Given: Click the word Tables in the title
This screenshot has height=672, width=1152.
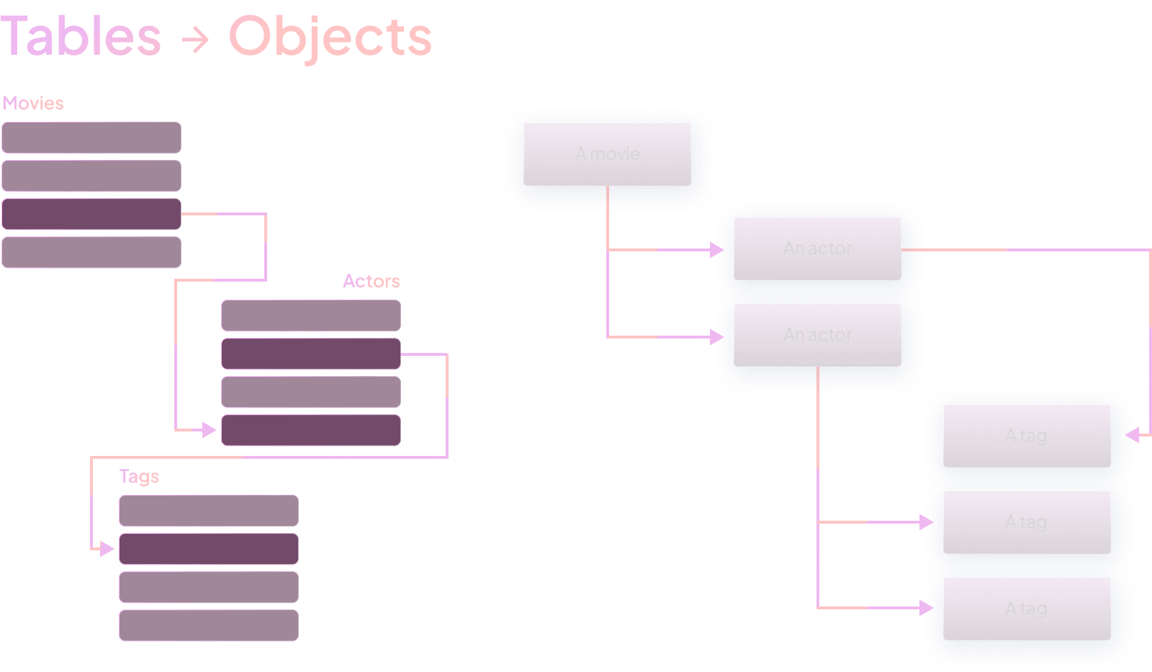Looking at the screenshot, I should (81, 37).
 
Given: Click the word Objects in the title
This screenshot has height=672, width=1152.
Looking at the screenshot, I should (330, 37).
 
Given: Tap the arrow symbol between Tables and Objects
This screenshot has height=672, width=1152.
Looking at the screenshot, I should (194, 40).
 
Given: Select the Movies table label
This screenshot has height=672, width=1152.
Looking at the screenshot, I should (33, 103).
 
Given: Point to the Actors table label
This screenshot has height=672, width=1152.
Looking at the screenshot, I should (371, 281).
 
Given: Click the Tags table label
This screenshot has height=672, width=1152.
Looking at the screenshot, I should (139, 476).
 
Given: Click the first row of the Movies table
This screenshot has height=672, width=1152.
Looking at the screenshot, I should (91, 138).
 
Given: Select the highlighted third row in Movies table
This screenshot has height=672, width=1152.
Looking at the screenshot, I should (91, 214).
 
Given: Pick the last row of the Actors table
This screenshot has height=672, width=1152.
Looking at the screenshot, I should (311, 430).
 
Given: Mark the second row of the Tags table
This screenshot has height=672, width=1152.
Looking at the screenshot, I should (209, 549).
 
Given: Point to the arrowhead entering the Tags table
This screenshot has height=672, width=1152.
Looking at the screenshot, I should (107, 549).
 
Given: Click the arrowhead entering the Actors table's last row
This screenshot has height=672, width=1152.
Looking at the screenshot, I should (210, 430).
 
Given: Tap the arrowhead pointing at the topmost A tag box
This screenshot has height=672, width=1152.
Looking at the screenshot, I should (1132, 435).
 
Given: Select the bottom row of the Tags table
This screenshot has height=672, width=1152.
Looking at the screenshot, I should (209, 625).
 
